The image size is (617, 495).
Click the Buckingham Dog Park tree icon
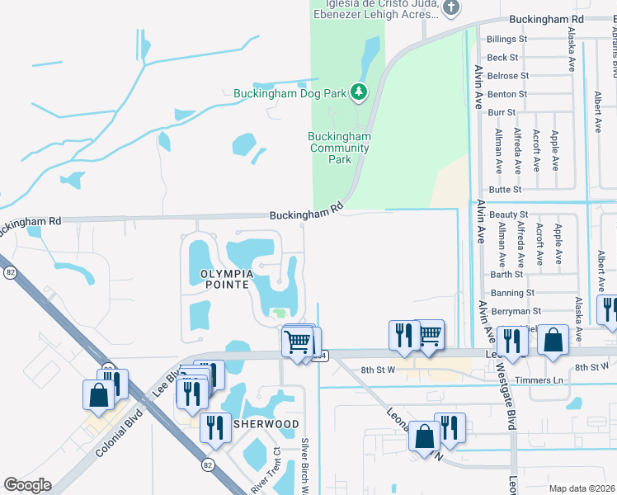coord(358,92)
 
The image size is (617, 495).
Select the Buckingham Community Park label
coord(339,148)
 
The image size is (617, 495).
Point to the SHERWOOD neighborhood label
coord(265,423)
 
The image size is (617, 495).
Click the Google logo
coord(27,485)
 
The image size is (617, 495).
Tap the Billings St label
coord(506,39)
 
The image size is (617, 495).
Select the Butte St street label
coord(506,189)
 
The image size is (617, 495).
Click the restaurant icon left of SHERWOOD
coord(214,427)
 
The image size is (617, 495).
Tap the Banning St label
coord(512,292)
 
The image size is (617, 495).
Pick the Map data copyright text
coord(582,488)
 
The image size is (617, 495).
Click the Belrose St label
coord(507,75)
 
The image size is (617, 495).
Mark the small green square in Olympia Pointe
coord(280,313)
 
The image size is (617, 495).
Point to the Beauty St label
coord(508,214)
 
